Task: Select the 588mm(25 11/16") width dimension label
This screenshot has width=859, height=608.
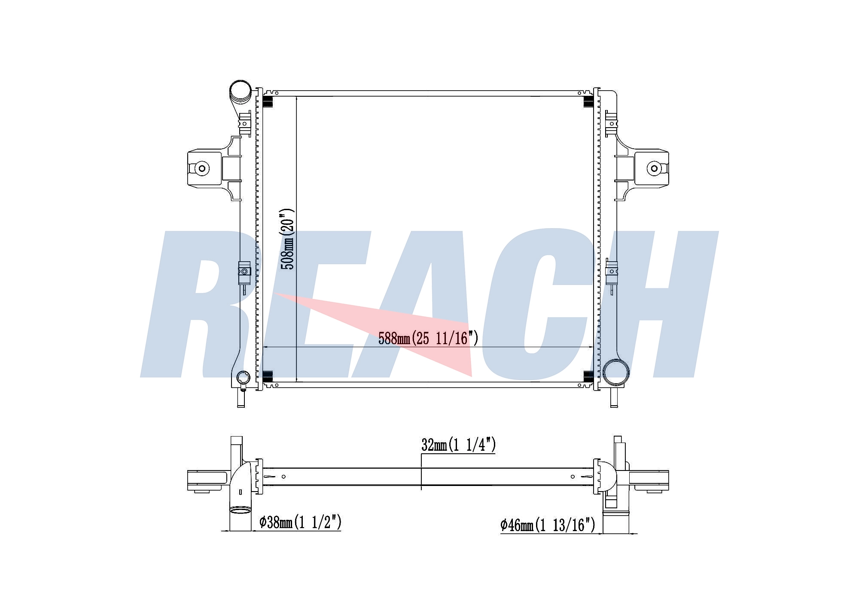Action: pyautogui.click(x=428, y=339)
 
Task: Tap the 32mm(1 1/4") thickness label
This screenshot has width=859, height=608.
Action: pyautogui.click(x=458, y=445)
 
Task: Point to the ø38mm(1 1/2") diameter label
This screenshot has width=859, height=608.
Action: pyautogui.click(x=300, y=522)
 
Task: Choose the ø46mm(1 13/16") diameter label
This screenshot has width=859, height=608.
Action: pyautogui.click(x=548, y=525)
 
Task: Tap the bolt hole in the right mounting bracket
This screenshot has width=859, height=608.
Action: pyautogui.click(x=654, y=168)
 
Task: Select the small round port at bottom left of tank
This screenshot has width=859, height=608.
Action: pyautogui.click(x=244, y=377)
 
